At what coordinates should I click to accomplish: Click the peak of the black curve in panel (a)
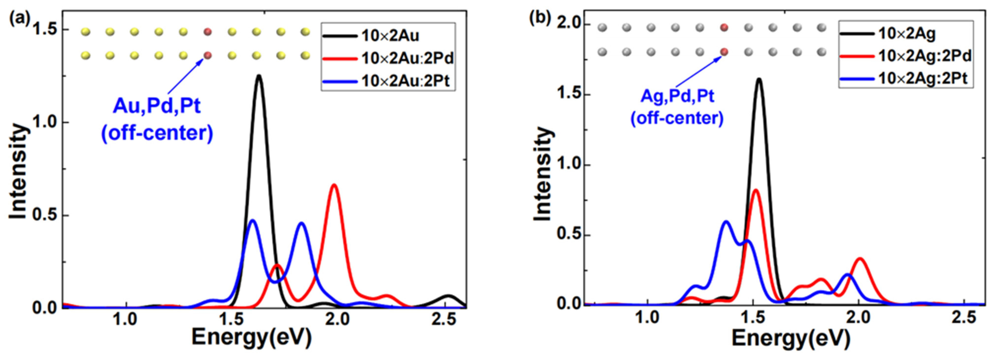click(259, 76)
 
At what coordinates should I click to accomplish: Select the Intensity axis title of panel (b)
click(543, 174)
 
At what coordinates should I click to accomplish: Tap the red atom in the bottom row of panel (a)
click(208, 56)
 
